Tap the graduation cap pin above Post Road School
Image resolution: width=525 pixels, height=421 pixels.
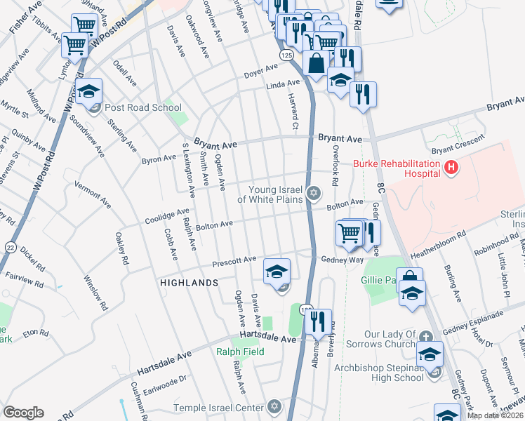89,92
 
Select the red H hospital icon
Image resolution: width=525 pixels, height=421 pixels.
452,168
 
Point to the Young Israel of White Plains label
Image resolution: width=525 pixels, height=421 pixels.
270,194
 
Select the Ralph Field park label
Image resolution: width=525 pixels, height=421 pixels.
240,352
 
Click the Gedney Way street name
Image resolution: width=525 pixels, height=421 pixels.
343,260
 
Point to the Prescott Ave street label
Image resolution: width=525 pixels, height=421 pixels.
234,261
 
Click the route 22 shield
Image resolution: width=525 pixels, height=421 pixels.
9,246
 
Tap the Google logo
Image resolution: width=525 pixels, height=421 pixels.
23,413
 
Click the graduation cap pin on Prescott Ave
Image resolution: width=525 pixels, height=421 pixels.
277,270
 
